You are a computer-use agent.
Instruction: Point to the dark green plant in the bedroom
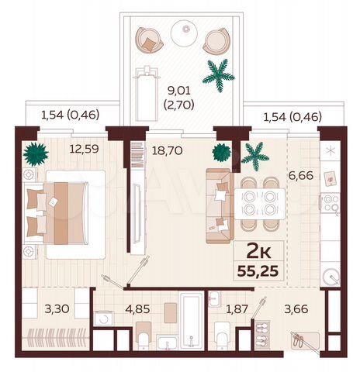point(34,153)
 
